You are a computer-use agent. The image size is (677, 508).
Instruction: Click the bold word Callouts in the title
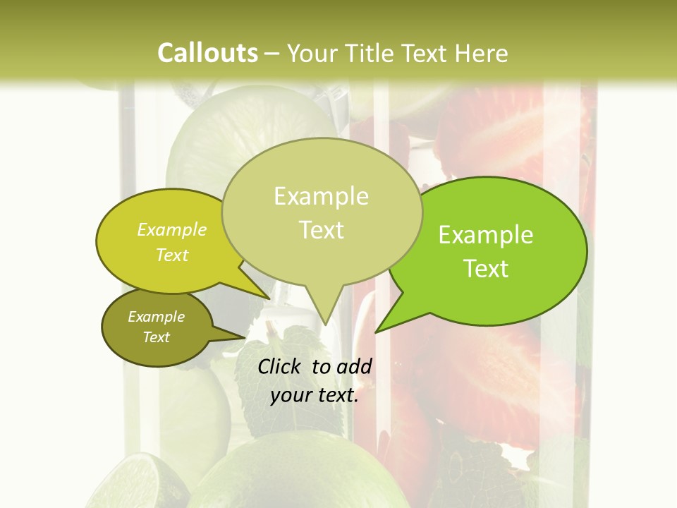click(207, 53)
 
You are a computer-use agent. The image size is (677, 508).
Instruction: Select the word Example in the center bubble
click(321, 196)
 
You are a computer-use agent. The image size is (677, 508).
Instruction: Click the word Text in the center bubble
click(321, 230)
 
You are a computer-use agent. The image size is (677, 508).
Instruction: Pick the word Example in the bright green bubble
click(486, 235)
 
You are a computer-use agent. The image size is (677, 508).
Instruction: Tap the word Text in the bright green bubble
click(486, 269)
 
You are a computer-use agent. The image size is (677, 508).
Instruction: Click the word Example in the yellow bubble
click(172, 230)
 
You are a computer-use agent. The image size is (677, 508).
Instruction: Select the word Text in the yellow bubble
click(172, 255)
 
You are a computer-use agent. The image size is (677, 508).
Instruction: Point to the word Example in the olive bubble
click(157, 317)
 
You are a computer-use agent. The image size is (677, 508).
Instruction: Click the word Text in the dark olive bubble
click(157, 337)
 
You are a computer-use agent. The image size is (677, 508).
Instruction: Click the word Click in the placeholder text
click(281, 366)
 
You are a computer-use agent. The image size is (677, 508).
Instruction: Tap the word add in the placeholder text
click(354, 366)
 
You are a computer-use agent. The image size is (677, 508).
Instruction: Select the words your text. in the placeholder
click(315, 395)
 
